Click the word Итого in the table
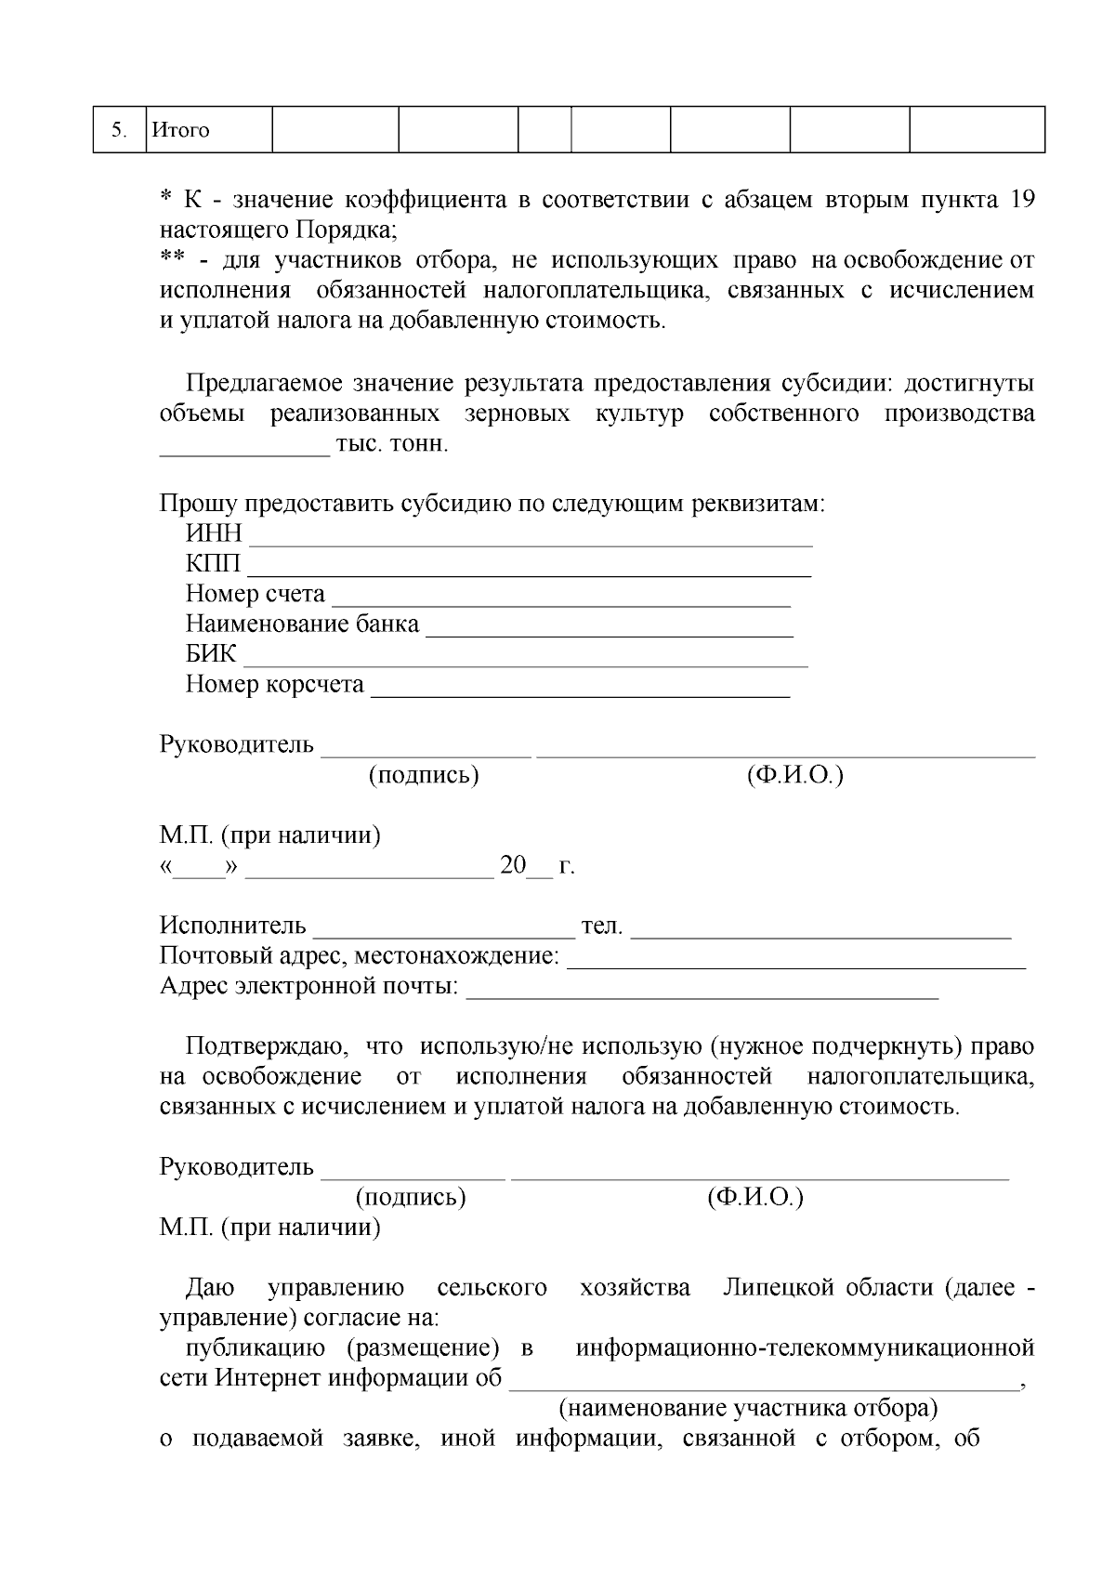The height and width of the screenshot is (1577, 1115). pyautogui.click(x=180, y=130)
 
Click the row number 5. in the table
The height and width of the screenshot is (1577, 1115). pyautogui.click(x=119, y=130)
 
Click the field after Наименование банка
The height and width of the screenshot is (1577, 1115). pyautogui.click(x=609, y=629)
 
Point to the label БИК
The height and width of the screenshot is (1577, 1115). pyautogui.click(x=211, y=653)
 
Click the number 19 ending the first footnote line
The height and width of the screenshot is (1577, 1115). pyautogui.click(x=1021, y=200)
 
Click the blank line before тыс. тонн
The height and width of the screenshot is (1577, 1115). pyautogui.click(x=244, y=450)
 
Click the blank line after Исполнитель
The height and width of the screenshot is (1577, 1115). pyautogui.click(x=444, y=932)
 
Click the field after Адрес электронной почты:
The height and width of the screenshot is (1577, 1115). pyautogui.click(x=702, y=992)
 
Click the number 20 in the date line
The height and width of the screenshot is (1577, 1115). pyautogui.click(x=513, y=866)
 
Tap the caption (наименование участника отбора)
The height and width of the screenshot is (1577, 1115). pyautogui.click(x=747, y=1408)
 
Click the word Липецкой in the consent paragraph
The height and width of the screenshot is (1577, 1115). pyautogui.click(x=767, y=1288)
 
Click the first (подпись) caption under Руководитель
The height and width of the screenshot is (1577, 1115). pyautogui.click(x=424, y=775)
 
